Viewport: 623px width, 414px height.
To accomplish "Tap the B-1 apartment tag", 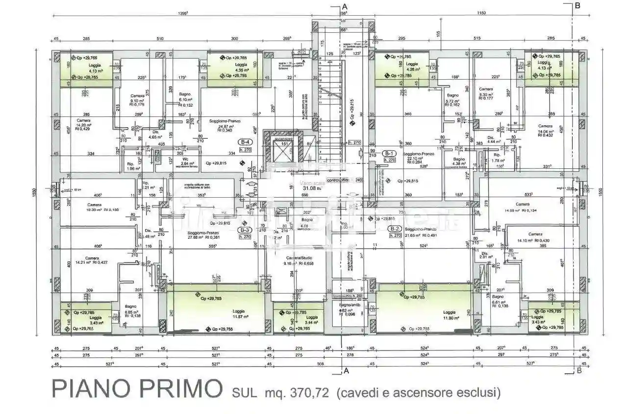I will click(x=390, y=153).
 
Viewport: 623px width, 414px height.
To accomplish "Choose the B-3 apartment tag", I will click(x=245, y=230).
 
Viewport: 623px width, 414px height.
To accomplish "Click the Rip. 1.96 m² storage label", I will click(x=130, y=166).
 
